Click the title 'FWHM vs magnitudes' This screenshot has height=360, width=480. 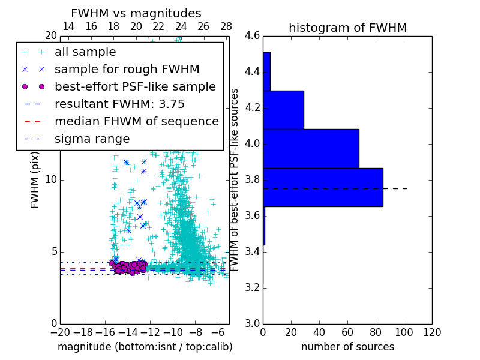tap(136, 14)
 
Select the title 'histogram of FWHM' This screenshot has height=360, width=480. tap(347, 28)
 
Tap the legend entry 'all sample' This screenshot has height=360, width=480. tap(85, 52)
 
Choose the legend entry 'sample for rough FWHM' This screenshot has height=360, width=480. tap(127, 69)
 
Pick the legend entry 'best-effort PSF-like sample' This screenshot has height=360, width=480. tap(135, 86)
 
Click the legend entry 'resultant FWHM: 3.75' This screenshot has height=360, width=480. tap(119, 104)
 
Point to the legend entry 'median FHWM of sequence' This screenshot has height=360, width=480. tap(136, 121)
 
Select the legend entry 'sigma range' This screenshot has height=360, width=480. tap(92, 139)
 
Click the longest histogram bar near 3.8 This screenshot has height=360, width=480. tap(323, 187)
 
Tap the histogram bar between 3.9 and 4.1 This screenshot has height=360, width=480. tap(311, 148)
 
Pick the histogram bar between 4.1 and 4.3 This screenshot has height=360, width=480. tap(283, 110)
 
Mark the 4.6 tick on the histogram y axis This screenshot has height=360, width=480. tap(253, 36)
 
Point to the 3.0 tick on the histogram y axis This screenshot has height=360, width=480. tap(253, 323)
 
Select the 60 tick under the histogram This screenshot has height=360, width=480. tap(347, 332)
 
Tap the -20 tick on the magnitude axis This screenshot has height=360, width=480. tap(60, 332)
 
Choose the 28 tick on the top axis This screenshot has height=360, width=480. tap(226, 27)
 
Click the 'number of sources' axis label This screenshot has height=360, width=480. tap(347, 347)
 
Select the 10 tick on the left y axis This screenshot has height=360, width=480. tap(52, 180)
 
